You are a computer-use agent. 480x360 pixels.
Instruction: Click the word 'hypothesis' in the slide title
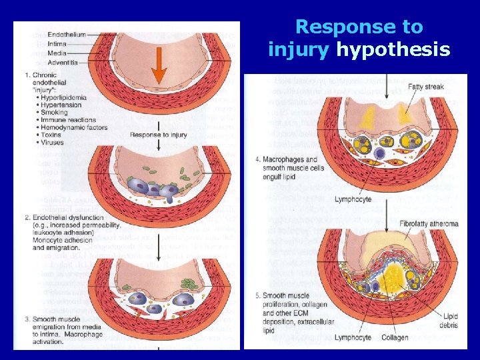pos(393,49)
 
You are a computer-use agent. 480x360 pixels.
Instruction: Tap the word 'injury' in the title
pos(298,49)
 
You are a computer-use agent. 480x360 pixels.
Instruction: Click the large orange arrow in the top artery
pos(158,66)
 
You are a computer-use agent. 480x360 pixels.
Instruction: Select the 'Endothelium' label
pos(66,35)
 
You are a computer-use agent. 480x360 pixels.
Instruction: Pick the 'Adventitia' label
pos(63,63)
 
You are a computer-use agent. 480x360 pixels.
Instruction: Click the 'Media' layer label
pos(57,53)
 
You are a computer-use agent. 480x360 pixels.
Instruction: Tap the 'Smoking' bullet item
pos(55,113)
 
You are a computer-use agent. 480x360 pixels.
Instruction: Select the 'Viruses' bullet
pos(53,143)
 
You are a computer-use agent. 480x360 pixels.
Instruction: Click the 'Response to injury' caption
pos(158,135)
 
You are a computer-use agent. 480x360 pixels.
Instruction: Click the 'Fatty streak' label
pos(427,86)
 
